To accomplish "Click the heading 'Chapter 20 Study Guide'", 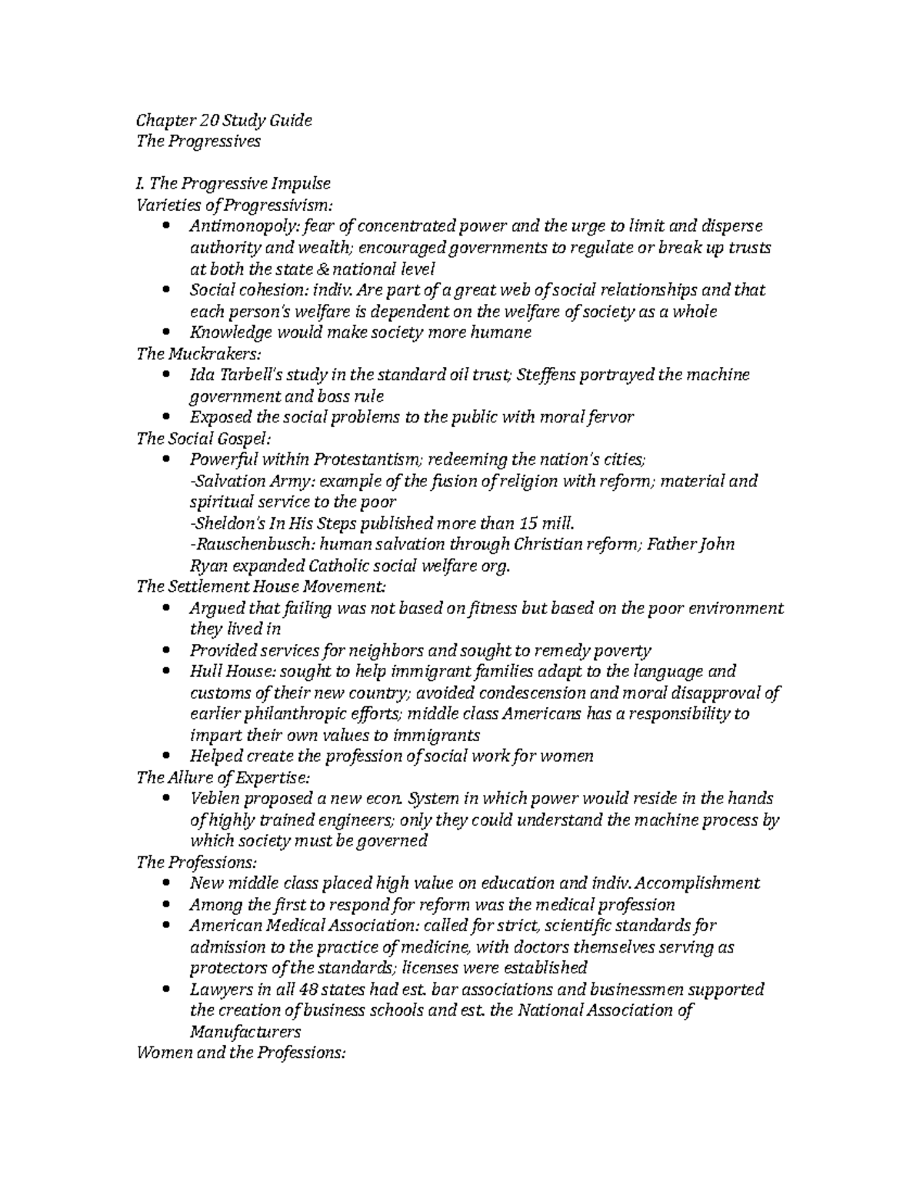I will [x=224, y=121].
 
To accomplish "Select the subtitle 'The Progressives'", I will [x=198, y=142].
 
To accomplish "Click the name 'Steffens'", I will [x=542, y=376].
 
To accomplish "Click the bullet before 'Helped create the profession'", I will [x=168, y=756].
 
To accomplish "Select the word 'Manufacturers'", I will [x=245, y=1032].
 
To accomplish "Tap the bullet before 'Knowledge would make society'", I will [x=168, y=332].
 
